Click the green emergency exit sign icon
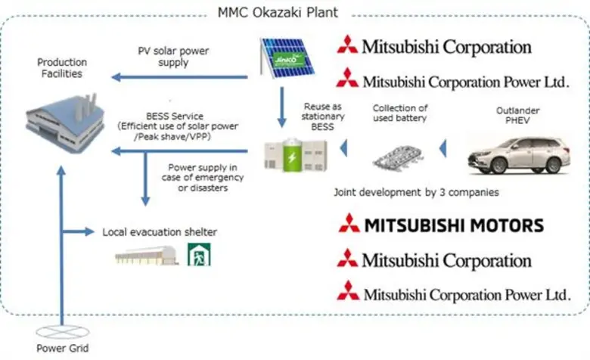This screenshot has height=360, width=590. pyautogui.click(x=199, y=255)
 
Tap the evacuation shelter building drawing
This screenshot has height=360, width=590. pyautogui.click(x=147, y=256)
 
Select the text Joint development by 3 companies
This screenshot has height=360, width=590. pyautogui.click(x=416, y=192)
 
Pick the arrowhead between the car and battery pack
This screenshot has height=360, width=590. pyautogui.click(x=446, y=149)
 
